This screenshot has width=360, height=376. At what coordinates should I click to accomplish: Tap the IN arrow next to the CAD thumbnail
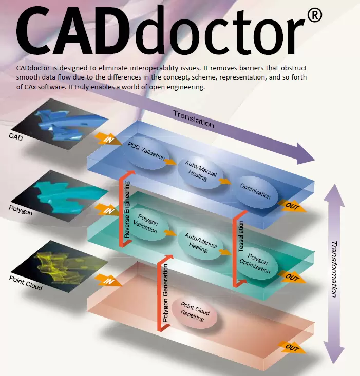[107, 139]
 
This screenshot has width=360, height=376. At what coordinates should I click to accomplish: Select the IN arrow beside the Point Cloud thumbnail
[107, 280]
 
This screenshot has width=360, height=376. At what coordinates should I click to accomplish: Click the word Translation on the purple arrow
[193, 118]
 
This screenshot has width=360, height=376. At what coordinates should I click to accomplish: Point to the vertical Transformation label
[334, 269]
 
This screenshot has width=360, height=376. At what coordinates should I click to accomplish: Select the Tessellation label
[241, 236]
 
